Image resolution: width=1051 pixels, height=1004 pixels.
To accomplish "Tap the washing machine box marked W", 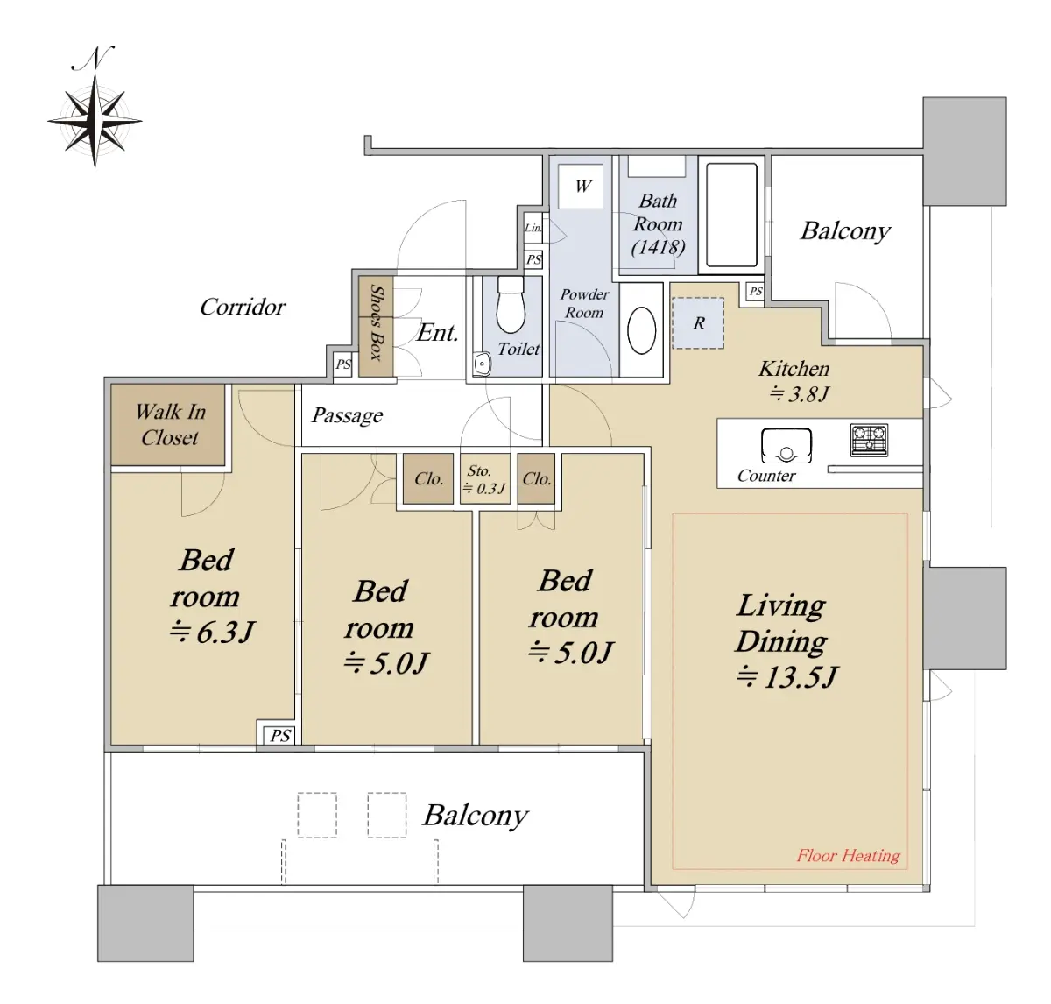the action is pyautogui.click(x=581, y=187).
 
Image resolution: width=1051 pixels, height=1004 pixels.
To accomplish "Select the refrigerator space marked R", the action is pyautogui.click(x=698, y=322).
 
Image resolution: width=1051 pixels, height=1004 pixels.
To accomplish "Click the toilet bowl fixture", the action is pyautogui.click(x=511, y=305).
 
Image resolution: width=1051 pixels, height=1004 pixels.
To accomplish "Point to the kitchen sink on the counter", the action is pyautogui.click(x=786, y=445).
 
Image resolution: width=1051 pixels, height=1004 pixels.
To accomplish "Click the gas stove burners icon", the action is pyautogui.click(x=869, y=440).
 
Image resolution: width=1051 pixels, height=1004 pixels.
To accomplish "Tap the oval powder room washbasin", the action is pyautogui.click(x=642, y=330).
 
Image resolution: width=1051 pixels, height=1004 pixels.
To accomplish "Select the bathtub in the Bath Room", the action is pyautogui.click(x=731, y=215).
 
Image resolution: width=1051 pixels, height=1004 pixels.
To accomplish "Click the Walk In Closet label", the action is pyautogui.click(x=170, y=424).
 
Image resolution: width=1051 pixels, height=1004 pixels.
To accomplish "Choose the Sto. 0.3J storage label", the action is pyautogui.click(x=484, y=479).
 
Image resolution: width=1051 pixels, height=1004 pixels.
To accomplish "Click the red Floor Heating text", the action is pyautogui.click(x=849, y=855).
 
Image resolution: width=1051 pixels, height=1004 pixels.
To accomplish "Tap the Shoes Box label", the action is pyautogui.click(x=377, y=323).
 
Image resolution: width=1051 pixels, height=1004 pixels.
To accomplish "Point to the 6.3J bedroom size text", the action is pyautogui.click(x=212, y=632).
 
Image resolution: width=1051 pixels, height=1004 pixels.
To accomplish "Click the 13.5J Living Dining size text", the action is pyautogui.click(x=786, y=676).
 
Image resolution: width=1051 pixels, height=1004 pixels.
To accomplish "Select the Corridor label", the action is pyautogui.click(x=243, y=307).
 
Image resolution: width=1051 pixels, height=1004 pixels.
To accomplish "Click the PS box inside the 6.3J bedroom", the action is pyautogui.click(x=279, y=735).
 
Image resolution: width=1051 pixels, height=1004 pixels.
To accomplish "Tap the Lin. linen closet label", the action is pyautogui.click(x=533, y=228).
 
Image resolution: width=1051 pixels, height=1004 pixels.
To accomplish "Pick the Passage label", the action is pyautogui.click(x=348, y=415).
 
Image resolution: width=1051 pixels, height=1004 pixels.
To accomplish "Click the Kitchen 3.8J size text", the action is pyautogui.click(x=799, y=394).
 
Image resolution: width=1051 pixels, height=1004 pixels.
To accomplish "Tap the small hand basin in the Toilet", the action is pyautogui.click(x=482, y=364).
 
